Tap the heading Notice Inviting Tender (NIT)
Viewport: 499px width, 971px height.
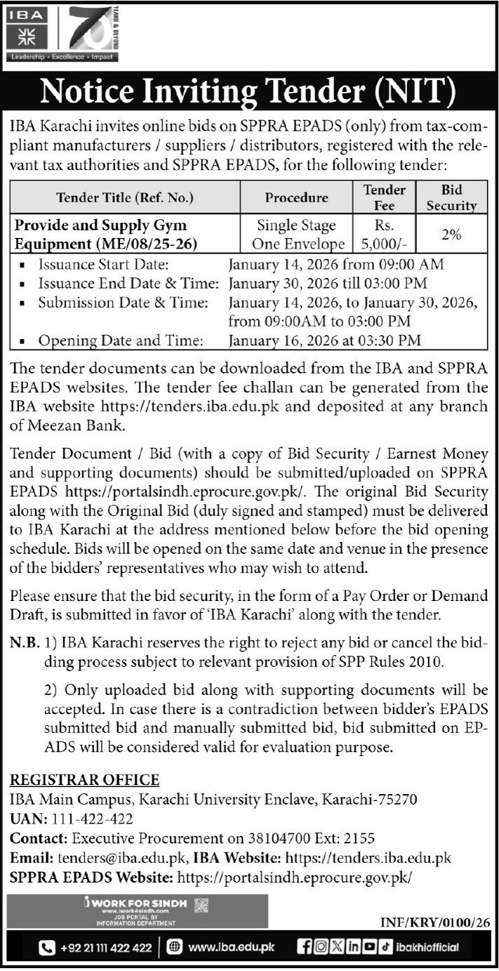click(249, 91)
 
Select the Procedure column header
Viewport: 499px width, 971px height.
click(296, 197)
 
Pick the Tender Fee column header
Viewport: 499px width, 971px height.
click(384, 197)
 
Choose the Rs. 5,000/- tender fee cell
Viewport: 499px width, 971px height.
click(384, 235)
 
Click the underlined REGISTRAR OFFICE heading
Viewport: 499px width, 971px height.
click(84, 780)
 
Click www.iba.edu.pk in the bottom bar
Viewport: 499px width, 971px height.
click(232, 949)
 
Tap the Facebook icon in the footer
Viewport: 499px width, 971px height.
click(304, 949)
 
